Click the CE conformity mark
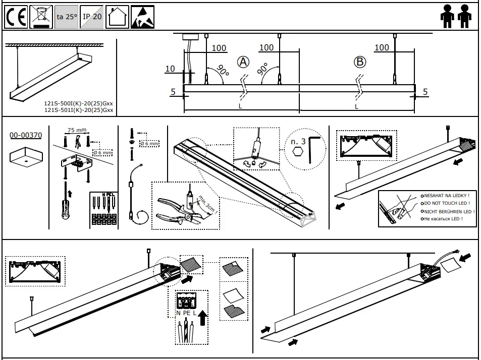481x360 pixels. click(16, 18)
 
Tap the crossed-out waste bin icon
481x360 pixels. click(40, 17)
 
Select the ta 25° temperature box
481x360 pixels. click(67, 17)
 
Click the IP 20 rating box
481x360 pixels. click(92, 17)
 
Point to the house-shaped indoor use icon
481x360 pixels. click(117, 17)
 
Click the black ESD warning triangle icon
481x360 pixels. click(142, 17)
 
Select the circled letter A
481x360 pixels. click(243, 62)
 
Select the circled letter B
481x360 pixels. click(359, 62)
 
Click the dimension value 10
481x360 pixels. click(170, 69)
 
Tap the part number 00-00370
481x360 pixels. click(26, 135)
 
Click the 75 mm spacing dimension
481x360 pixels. click(77, 130)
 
